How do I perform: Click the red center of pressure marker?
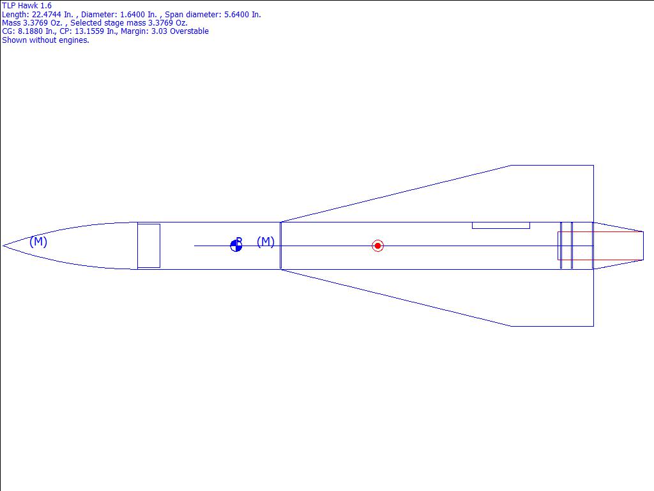[377, 246]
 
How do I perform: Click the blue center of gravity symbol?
[236, 246]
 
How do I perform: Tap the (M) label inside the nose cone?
[38, 241]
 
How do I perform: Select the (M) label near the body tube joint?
[266, 242]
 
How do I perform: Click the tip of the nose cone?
[3, 246]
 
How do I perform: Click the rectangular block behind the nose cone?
[149, 246]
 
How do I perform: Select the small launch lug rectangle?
[501, 226]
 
